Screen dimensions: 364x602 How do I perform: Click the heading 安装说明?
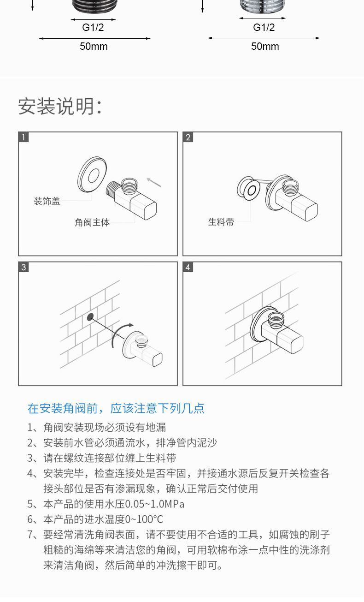(x=59, y=107)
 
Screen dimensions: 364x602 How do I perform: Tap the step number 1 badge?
(x=23, y=137)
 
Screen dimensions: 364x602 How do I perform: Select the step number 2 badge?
(x=188, y=137)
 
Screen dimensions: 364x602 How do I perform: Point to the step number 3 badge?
(x=23, y=267)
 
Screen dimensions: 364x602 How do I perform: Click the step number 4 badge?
(x=188, y=267)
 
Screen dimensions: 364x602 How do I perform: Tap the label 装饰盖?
(x=47, y=201)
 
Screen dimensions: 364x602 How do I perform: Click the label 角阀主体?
(x=92, y=222)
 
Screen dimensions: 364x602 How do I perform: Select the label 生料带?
(x=221, y=222)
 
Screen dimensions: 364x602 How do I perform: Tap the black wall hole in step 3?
(x=90, y=317)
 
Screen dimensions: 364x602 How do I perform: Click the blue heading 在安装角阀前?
(x=116, y=408)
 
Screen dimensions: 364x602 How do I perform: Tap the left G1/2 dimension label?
(x=93, y=28)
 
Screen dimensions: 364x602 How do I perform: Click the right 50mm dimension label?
(x=265, y=46)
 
